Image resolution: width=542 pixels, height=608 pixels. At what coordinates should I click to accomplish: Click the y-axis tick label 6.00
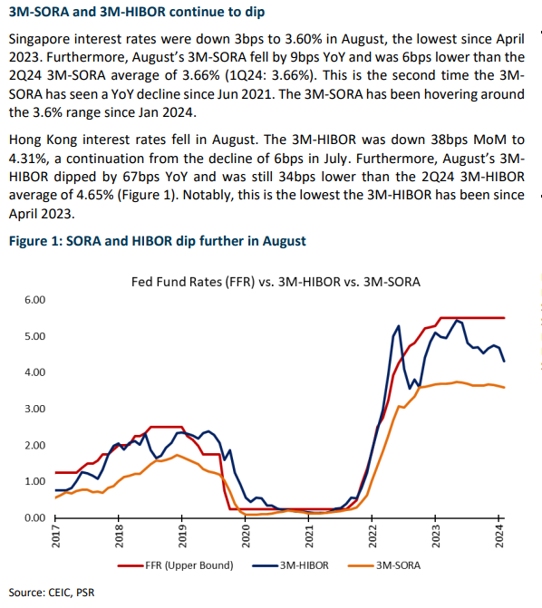35,300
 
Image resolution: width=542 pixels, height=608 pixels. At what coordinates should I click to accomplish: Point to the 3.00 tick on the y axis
35,409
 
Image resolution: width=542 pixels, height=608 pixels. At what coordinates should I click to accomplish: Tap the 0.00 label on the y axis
35,517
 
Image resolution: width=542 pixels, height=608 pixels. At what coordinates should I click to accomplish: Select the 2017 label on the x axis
55,536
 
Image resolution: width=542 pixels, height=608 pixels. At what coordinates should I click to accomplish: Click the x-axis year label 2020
246,536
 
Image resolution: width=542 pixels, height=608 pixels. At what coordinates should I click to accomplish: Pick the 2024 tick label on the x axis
499,536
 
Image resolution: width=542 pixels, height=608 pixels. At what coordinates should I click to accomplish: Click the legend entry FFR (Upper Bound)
175,565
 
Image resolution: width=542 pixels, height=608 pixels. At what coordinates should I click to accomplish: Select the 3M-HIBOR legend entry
290,565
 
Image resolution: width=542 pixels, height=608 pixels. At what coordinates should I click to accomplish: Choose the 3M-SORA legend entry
384,565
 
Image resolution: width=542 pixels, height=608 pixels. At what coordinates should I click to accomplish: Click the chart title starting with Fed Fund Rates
276,282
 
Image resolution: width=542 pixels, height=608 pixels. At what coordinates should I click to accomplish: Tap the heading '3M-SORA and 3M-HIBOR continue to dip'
137,12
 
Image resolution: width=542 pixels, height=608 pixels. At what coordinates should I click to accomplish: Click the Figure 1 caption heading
158,241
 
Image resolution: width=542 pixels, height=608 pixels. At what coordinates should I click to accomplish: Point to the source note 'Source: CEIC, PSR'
52,593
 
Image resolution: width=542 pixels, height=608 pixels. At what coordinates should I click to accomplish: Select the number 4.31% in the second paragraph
27,159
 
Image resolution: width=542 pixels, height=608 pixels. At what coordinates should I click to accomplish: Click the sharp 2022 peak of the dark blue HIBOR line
399,326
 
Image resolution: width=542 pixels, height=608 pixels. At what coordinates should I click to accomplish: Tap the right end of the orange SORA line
504,387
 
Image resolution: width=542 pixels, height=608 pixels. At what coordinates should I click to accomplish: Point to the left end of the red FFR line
56,472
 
